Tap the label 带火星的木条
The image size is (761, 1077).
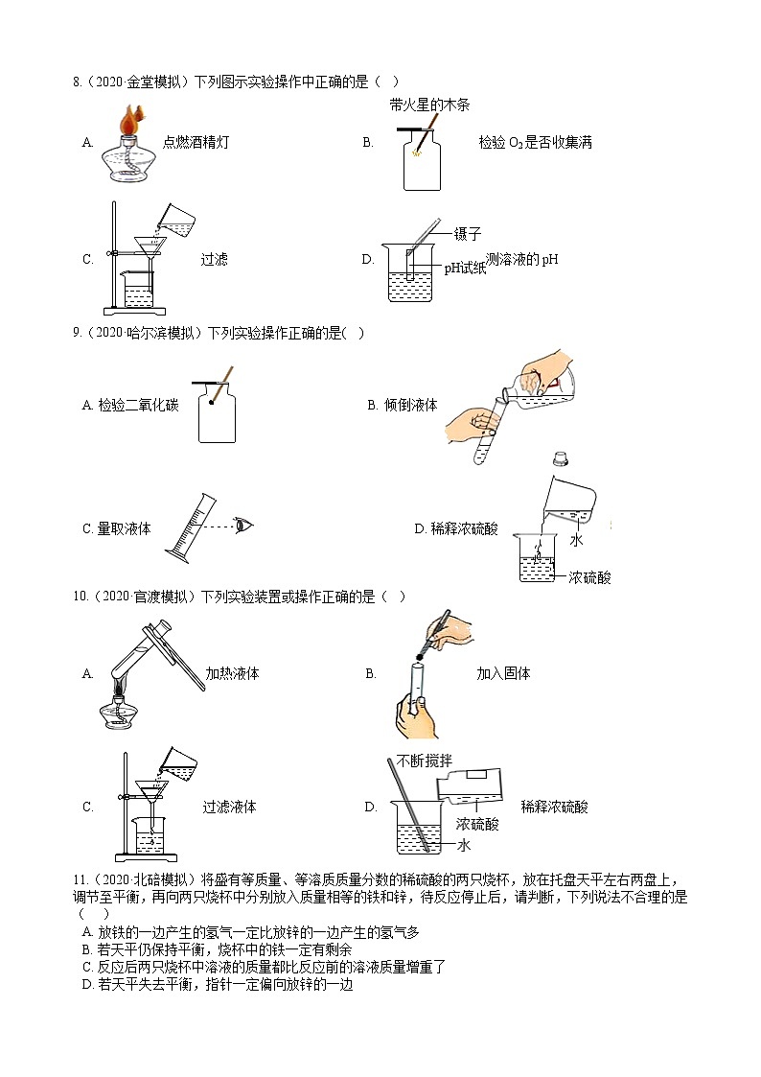(x=429, y=105)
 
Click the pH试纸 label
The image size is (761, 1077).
(x=464, y=269)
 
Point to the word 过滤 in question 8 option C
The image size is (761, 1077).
(x=214, y=259)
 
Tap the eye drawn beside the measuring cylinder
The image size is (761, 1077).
(x=245, y=526)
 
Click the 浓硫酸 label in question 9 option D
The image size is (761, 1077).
(x=588, y=577)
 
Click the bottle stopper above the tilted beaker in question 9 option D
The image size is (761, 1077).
(x=560, y=459)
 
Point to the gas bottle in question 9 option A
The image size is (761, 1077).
(x=217, y=418)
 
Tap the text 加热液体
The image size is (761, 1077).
(x=232, y=673)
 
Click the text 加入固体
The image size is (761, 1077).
(x=503, y=673)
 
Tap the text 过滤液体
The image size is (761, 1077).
(x=229, y=807)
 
